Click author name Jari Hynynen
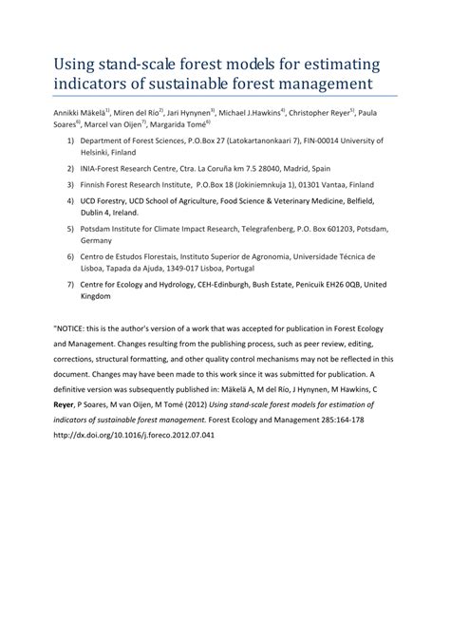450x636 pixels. (188, 113)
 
